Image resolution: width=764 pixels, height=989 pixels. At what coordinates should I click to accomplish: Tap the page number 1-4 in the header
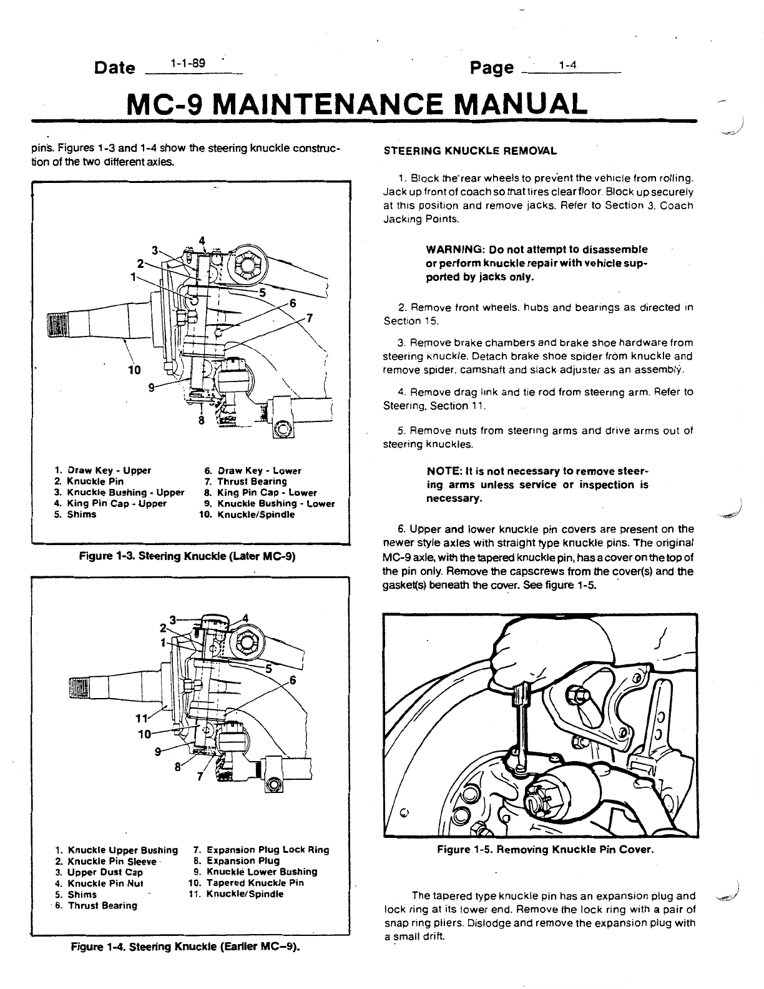click(x=567, y=64)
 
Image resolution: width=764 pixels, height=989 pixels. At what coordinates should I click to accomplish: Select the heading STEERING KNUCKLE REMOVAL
click(x=469, y=151)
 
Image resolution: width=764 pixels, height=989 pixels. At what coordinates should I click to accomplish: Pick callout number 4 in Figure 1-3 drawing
click(x=202, y=240)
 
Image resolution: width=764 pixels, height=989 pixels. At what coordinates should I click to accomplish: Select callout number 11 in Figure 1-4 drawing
click(x=142, y=716)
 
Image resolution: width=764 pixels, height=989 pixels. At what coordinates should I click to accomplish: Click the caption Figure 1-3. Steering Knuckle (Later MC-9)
click(x=187, y=556)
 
